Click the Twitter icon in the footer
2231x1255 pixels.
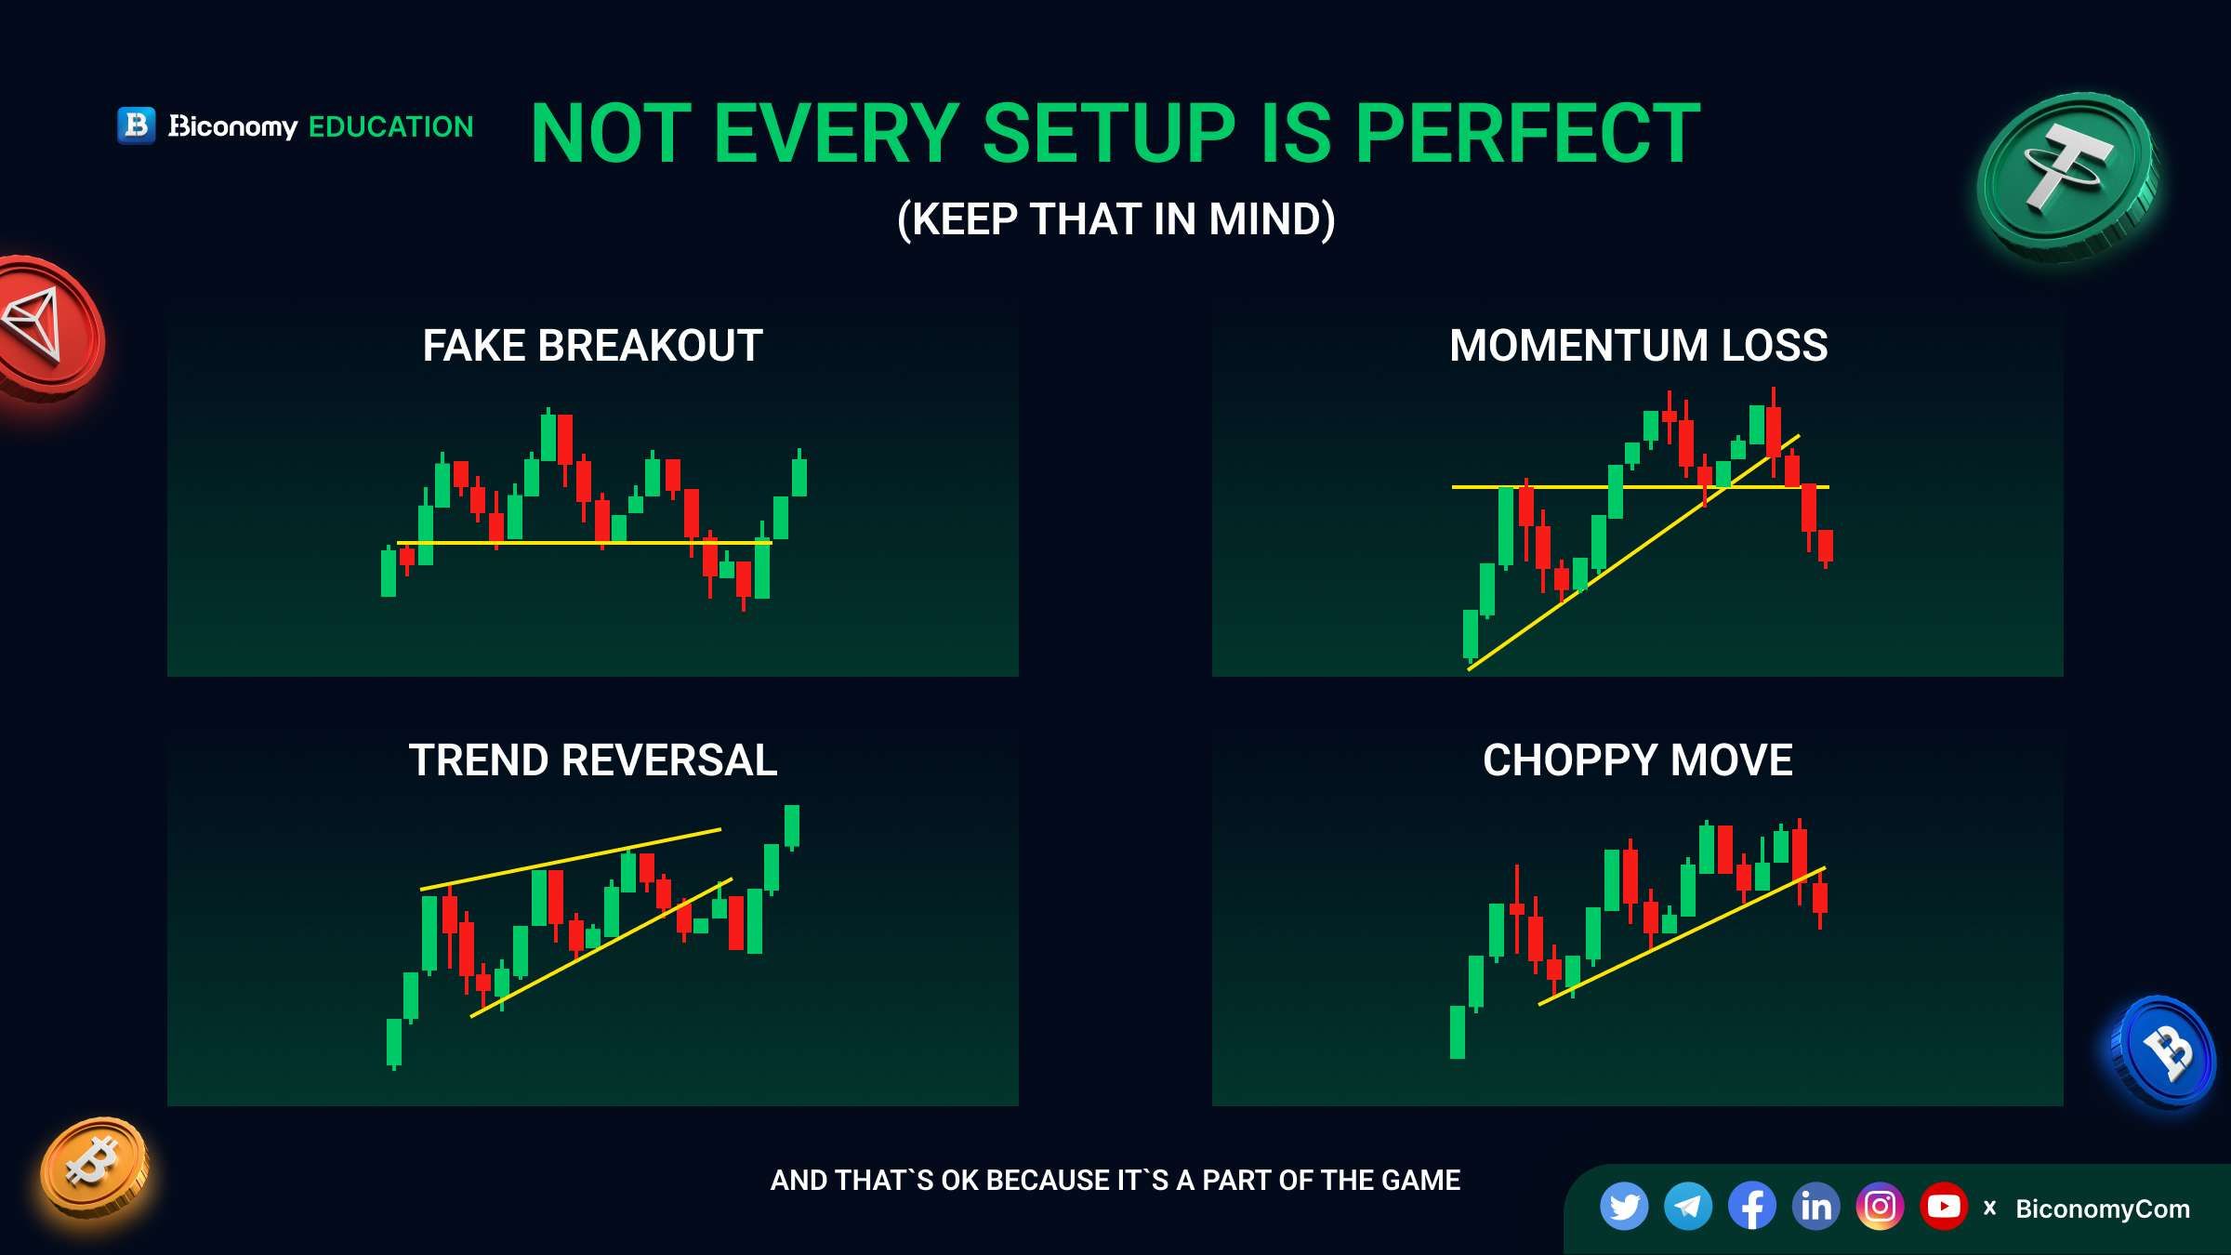pos(1624,1207)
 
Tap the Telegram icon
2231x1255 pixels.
pos(1688,1207)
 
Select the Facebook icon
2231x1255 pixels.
pos(1752,1207)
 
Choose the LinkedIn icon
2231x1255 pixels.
pos(1815,1207)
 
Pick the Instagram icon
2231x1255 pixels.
pos(1880,1207)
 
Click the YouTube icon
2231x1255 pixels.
pos(1944,1207)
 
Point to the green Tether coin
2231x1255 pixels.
pos(2067,177)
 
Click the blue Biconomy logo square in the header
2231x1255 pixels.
pos(137,125)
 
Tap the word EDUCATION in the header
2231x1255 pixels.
pos(390,126)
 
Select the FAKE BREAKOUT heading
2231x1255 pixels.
pos(593,346)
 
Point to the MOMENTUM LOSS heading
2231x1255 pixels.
pos(1638,346)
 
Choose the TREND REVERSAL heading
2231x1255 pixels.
pos(593,760)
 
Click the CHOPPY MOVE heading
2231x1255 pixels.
pos(1638,760)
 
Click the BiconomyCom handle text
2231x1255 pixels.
pos(2103,1209)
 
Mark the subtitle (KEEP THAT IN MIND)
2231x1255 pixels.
pos(1115,220)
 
